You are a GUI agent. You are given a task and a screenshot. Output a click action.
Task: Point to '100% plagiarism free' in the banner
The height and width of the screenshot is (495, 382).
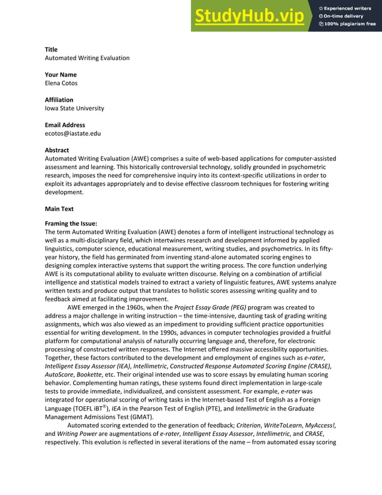[x=350, y=24]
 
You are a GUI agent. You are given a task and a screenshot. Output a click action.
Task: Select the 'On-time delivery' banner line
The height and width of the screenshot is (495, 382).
[x=343, y=16]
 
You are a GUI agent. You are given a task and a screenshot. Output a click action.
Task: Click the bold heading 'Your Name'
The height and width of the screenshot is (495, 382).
[x=60, y=75]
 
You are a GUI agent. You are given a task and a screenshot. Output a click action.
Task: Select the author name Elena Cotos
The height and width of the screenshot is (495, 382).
[x=61, y=83]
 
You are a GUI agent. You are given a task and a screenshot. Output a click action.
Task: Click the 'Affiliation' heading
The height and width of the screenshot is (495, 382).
[x=59, y=100]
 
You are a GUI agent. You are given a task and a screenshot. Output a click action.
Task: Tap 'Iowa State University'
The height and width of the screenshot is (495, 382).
[x=74, y=108]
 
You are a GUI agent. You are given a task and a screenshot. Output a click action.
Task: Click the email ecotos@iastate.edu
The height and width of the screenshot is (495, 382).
[x=73, y=134]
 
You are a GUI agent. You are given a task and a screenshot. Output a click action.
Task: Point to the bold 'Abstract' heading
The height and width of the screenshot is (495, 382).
[x=57, y=150]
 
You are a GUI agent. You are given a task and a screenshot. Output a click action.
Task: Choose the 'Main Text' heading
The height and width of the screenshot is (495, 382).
[x=59, y=209]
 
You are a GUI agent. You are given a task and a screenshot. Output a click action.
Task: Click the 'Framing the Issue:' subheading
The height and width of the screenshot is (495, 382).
[x=71, y=224]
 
